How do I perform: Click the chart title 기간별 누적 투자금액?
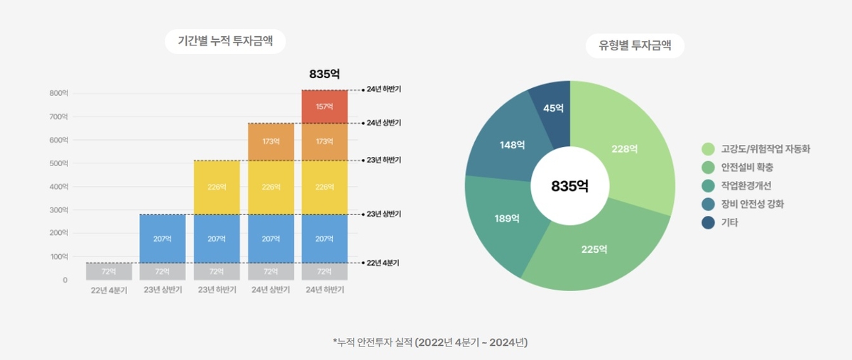[225, 42]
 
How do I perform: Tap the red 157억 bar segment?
[324, 107]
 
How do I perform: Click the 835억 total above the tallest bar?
[324, 74]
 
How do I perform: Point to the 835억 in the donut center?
[570, 186]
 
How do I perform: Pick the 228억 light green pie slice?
[624, 149]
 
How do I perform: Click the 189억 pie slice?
[507, 218]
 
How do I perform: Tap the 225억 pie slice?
[594, 249]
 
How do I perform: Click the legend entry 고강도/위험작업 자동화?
[756, 149]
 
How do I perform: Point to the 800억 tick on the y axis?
[59, 93]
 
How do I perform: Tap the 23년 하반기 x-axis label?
[217, 290]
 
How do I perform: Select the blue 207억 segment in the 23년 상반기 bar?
[163, 239]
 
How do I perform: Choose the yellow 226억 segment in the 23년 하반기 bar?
[217, 187]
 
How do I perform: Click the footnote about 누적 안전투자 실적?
[430, 342]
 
